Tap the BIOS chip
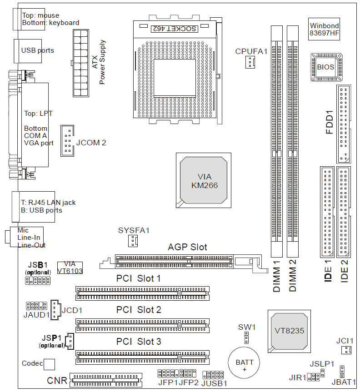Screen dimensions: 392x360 pyautogui.click(x=325, y=67)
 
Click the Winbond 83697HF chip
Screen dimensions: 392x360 pyautogui.click(x=324, y=30)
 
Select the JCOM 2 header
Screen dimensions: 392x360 pyautogui.click(x=68, y=140)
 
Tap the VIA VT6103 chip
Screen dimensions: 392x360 pyautogui.click(x=70, y=267)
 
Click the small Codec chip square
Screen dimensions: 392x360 pyautogui.click(x=49, y=364)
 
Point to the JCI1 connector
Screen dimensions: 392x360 pyautogui.click(x=346, y=350)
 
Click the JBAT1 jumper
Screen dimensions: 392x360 pyautogui.click(x=342, y=371)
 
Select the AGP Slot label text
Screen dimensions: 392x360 pyautogui.click(x=187, y=247)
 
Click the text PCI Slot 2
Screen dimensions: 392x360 pyautogui.click(x=139, y=310)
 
